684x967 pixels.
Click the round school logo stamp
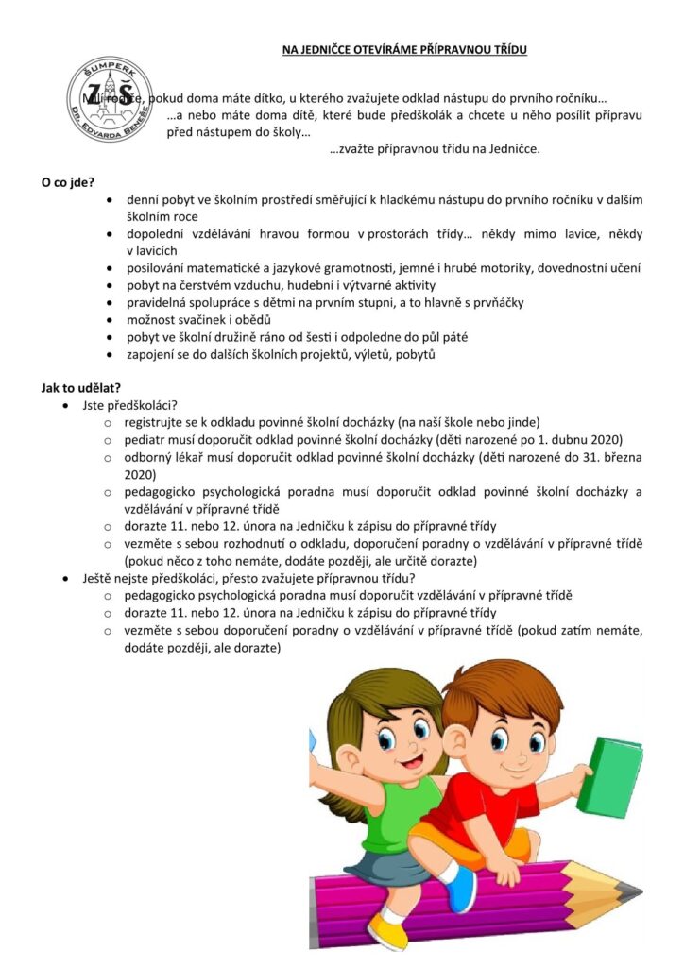[x=108, y=96]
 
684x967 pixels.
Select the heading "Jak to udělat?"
[x=80, y=387]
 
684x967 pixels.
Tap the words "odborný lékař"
[x=162, y=457]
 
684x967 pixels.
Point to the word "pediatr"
[x=145, y=439]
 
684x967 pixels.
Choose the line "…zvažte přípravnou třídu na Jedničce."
[x=435, y=149]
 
